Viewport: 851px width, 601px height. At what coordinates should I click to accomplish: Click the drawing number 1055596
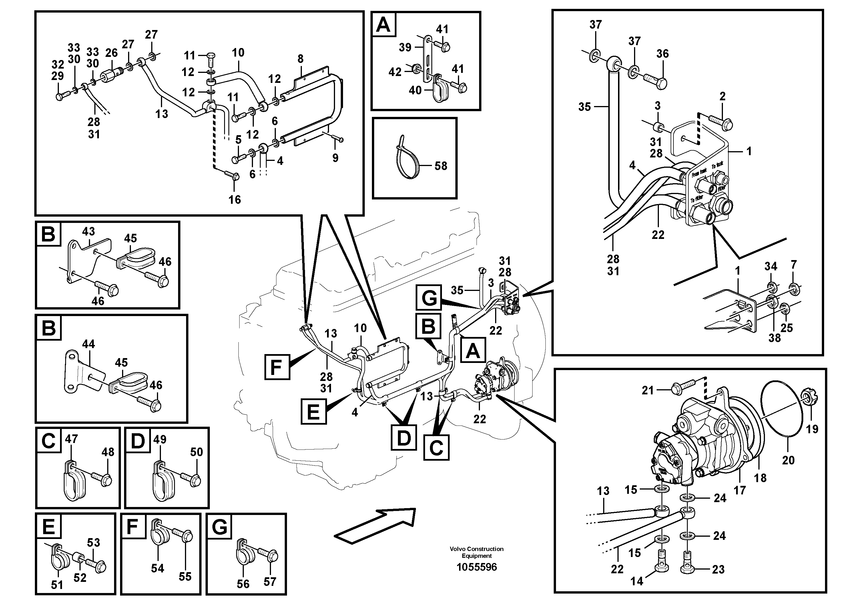pos(477,567)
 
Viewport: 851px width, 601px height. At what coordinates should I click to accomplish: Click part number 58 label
pos(441,166)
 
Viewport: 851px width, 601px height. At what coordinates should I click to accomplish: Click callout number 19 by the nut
pos(812,429)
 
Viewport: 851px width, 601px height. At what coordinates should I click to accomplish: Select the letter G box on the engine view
pos(429,297)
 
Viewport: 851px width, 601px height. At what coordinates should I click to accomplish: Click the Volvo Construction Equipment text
pos(477,552)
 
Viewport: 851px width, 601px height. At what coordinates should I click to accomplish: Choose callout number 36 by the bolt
pos(662,54)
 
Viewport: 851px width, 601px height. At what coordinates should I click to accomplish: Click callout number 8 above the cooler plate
pos(300,59)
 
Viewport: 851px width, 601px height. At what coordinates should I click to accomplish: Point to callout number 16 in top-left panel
pos(235,200)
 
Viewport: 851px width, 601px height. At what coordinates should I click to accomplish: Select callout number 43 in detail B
pos(88,231)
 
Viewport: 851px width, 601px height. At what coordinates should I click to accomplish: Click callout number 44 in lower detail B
pos(88,344)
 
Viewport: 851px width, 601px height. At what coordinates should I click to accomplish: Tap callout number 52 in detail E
pos(80,578)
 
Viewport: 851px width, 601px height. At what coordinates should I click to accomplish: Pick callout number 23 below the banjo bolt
pos(718,570)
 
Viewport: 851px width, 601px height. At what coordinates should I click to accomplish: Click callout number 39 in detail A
pos(405,47)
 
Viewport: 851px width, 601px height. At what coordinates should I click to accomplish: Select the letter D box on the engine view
pos(404,438)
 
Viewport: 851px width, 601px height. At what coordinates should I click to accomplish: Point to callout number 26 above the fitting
pos(111,53)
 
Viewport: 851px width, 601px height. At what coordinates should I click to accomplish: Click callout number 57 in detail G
pos(270,582)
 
